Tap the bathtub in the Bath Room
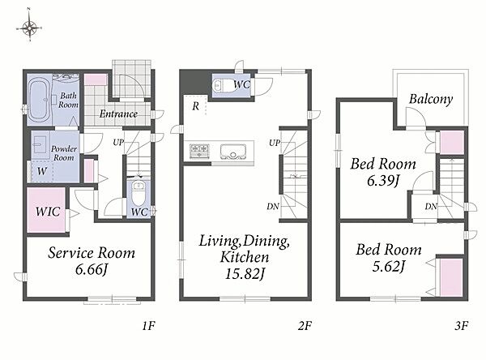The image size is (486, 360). (39, 100)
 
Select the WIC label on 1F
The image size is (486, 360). (48, 212)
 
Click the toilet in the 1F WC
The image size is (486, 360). (139, 193)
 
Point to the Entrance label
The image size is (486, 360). (118, 114)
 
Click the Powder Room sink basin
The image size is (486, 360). (40, 145)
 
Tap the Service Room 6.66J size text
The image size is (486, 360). (92, 269)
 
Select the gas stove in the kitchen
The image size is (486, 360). (199, 151)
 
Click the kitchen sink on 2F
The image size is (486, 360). (233, 151)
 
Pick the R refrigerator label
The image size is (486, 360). (195, 106)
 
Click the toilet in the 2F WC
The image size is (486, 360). (224, 85)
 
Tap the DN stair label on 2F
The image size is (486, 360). (273, 206)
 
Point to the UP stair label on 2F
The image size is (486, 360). (275, 143)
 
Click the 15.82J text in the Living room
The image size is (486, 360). (245, 274)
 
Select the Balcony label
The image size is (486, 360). (431, 99)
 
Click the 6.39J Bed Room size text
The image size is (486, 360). (383, 180)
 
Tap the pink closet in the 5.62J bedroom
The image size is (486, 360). (451, 278)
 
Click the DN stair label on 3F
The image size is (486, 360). (431, 206)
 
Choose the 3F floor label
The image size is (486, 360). (461, 326)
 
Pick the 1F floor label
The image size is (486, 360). (149, 326)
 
